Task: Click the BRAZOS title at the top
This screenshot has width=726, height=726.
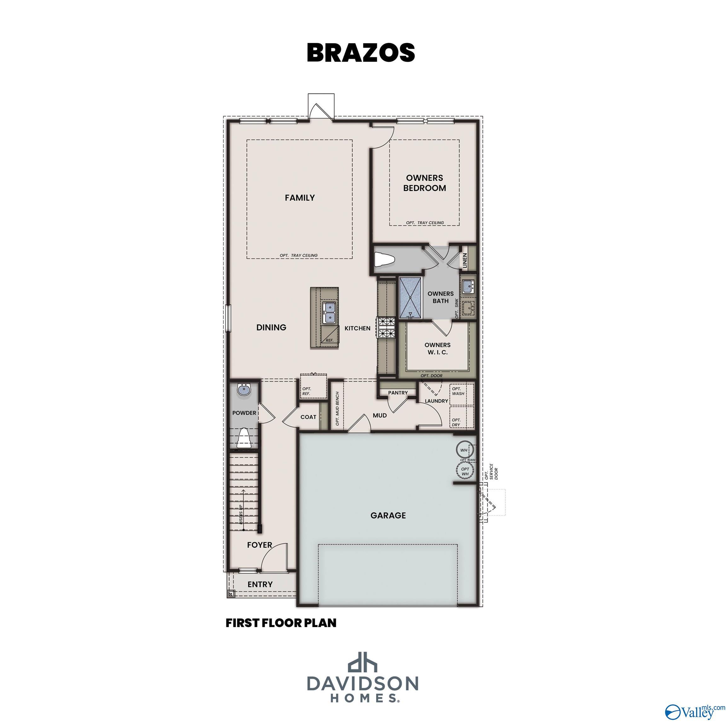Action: [x=361, y=53]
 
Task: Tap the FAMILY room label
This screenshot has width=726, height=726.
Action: [x=299, y=198]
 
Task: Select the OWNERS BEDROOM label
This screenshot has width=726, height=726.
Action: [x=425, y=183]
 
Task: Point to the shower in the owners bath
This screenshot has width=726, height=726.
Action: [x=411, y=297]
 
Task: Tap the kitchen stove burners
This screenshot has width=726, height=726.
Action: [x=387, y=328]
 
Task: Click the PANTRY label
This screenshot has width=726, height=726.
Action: [x=398, y=393]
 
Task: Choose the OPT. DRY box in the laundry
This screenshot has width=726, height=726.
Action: [x=461, y=417]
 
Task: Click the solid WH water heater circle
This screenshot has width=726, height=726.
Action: [x=464, y=450]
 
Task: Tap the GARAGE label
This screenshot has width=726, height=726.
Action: [x=388, y=515]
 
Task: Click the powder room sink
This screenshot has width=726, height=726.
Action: [x=244, y=390]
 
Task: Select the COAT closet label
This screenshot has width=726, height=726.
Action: [x=308, y=417]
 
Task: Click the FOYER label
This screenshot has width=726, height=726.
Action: [x=259, y=545]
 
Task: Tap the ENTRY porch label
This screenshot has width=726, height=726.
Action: [x=260, y=584]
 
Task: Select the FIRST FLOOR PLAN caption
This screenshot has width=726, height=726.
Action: [x=281, y=623]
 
